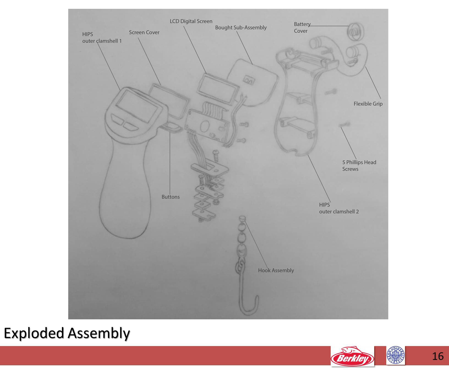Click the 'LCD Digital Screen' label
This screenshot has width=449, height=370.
pyautogui.click(x=191, y=21)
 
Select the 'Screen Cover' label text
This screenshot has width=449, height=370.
pyautogui.click(x=144, y=32)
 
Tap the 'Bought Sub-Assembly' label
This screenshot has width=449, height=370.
pyautogui.click(x=241, y=28)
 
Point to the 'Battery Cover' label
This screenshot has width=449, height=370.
pyautogui.click(x=302, y=28)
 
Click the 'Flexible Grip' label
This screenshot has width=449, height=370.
pyautogui.click(x=368, y=104)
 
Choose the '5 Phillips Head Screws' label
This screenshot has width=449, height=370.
pyautogui.click(x=359, y=165)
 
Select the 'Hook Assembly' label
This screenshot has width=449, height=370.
pyautogui.click(x=276, y=270)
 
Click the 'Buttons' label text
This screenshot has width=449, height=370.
pyautogui.click(x=171, y=197)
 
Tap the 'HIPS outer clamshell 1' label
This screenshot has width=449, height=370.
pyautogui.click(x=102, y=38)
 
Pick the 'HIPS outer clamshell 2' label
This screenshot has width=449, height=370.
pyautogui.click(x=339, y=208)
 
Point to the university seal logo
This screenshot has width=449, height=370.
pyautogui.click(x=396, y=355)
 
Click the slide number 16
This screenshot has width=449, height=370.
pyautogui.click(x=438, y=356)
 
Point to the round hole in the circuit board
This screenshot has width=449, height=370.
pyautogui.click(x=205, y=127)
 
